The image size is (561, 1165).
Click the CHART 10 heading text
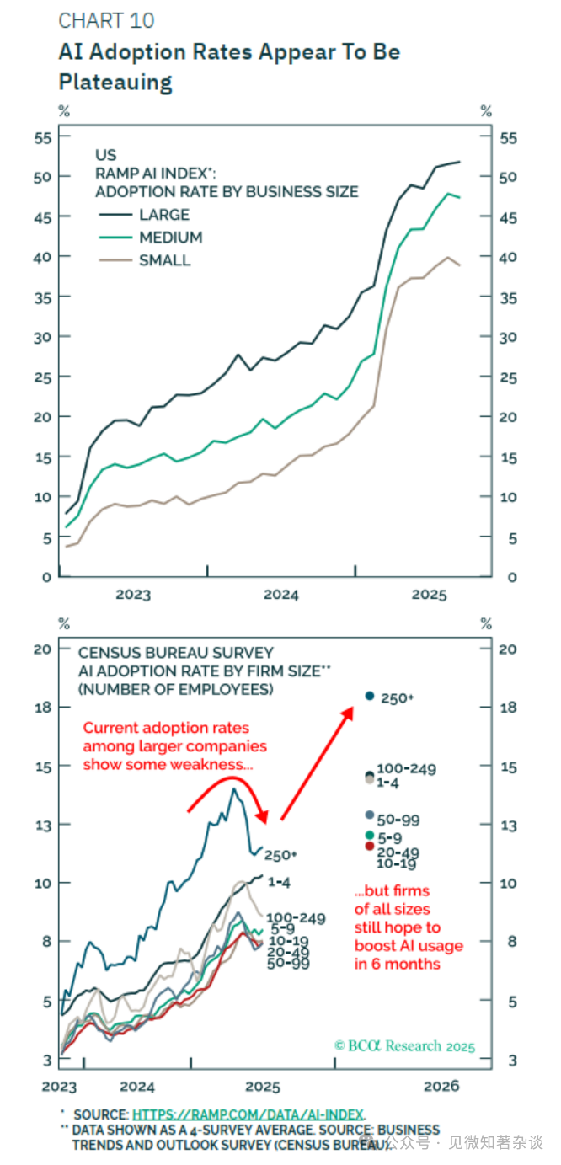[x=106, y=20]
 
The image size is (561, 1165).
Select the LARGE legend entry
[x=164, y=215]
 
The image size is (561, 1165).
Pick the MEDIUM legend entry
[x=170, y=238]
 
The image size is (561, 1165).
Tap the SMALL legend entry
[x=164, y=260]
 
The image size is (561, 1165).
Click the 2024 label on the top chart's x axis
[x=280, y=595]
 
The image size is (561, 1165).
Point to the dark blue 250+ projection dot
[x=369, y=696]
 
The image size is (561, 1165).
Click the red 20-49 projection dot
[x=369, y=846]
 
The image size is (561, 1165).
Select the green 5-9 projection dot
[x=369, y=835]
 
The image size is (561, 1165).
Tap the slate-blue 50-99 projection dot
[x=369, y=815]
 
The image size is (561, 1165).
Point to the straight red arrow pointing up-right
[x=317, y=763]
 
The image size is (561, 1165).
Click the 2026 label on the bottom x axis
[x=441, y=1085]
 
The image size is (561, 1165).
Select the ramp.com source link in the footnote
[x=248, y=1114]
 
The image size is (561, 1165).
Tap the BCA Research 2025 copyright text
[x=404, y=1046]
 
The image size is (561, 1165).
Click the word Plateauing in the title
[x=115, y=82]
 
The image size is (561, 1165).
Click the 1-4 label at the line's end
[x=280, y=881]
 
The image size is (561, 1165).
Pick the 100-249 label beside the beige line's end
[x=296, y=918]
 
